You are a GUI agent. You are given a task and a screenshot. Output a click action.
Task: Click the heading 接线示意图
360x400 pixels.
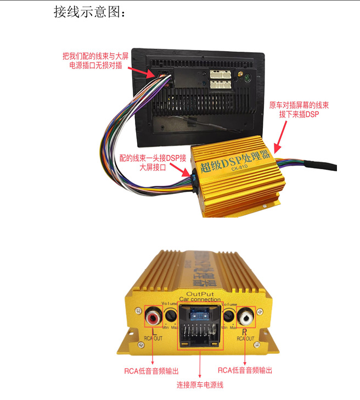(89, 12)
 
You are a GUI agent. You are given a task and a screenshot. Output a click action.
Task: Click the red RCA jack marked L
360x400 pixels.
(152, 317)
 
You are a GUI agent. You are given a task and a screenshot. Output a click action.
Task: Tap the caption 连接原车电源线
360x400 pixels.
(200, 385)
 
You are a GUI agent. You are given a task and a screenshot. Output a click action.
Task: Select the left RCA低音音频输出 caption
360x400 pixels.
(153, 370)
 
